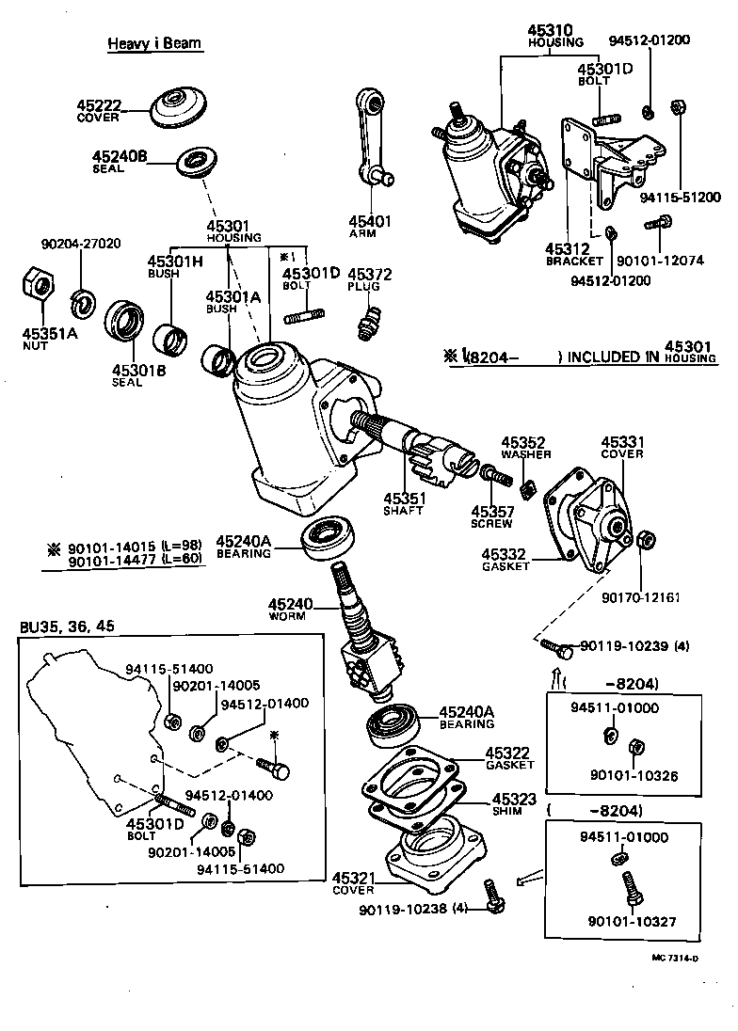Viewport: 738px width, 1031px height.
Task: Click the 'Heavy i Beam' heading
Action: (x=154, y=43)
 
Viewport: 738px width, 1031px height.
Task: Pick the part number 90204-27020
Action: (x=81, y=244)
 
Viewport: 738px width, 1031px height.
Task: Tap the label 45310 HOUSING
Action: (x=555, y=37)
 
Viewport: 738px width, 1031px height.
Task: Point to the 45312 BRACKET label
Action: (x=571, y=254)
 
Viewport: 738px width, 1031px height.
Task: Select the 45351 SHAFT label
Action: (x=405, y=503)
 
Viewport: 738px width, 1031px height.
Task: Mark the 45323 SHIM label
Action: (x=512, y=804)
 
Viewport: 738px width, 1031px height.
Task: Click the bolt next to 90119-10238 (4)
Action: (x=490, y=893)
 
